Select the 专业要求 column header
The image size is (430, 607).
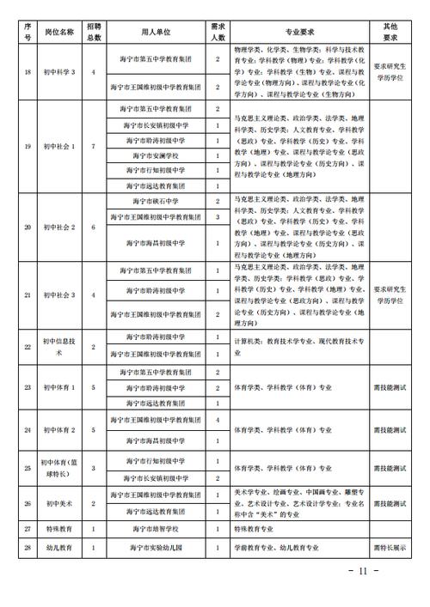coord(298,32)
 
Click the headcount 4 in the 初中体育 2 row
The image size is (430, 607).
coord(218,419)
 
